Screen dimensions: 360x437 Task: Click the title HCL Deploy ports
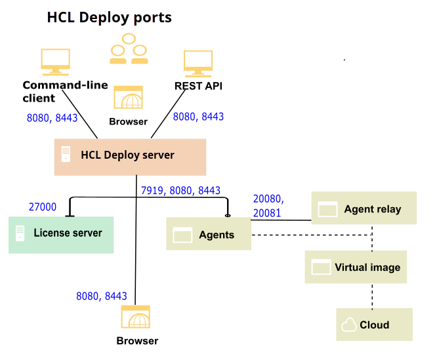[109, 18]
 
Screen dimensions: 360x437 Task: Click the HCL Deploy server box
[130, 156]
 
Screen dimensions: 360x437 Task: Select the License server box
[61, 233]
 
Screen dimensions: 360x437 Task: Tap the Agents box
[209, 235]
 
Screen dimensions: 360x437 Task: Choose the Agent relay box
[364, 209]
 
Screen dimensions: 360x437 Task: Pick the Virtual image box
[361, 268]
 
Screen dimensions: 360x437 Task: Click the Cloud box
[374, 325]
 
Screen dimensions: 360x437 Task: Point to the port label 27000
[42, 207]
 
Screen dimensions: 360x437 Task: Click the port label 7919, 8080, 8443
[180, 191]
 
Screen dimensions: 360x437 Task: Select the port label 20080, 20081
[268, 205]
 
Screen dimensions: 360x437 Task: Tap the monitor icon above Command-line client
[55, 63]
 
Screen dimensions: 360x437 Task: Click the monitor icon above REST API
[198, 63]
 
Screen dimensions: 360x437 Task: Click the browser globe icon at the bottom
[136, 319]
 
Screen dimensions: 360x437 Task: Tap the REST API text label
[198, 86]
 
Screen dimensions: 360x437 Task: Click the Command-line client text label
[56, 92]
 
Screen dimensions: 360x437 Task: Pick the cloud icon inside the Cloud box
[348, 325]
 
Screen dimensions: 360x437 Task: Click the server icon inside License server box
[20, 233]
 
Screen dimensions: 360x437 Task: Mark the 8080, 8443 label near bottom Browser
[102, 296]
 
